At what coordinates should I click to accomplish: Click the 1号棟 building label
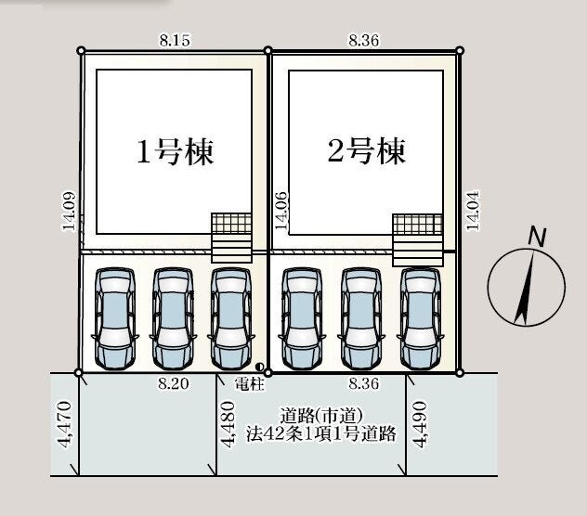(x=176, y=152)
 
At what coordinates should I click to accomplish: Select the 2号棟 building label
(x=367, y=150)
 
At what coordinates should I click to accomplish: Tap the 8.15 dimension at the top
(x=175, y=40)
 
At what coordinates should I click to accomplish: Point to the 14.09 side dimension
(x=70, y=212)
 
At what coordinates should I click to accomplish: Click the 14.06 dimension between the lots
(x=281, y=211)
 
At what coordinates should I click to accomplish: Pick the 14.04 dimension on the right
(x=473, y=211)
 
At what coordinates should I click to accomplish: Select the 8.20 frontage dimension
(x=174, y=383)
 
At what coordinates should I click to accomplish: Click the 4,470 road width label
(x=64, y=424)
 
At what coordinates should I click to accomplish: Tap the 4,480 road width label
(x=228, y=424)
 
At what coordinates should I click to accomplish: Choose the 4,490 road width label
(x=419, y=424)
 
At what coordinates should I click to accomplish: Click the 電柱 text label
(x=250, y=384)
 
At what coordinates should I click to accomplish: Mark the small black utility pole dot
(x=260, y=367)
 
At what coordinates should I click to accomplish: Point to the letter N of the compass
(x=537, y=237)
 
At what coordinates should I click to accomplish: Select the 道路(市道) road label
(x=321, y=416)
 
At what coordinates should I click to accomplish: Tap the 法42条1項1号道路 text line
(x=320, y=433)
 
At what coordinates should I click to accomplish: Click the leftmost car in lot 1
(x=115, y=319)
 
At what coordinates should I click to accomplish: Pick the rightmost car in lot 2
(x=421, y=319)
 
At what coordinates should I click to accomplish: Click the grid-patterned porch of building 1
(x=231, y=224)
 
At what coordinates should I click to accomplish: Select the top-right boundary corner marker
(x=460, y=50)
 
